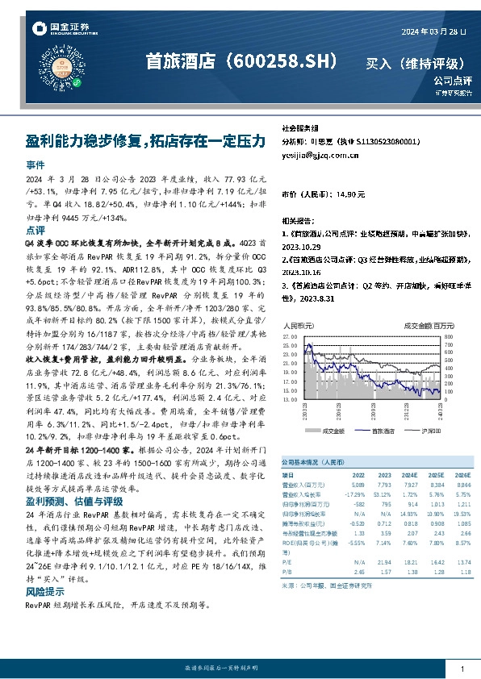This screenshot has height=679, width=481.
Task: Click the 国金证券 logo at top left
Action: [61, 29]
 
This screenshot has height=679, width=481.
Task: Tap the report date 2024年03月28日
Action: [434, 31]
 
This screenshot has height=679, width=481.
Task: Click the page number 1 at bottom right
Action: [462, 669]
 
